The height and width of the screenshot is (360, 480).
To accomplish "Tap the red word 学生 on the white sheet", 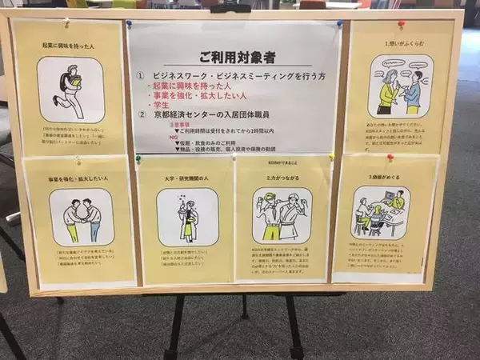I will coord(162,104).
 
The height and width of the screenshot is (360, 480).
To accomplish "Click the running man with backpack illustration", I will coord(70,89).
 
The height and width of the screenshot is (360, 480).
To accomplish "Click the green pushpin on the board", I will coord(138,158).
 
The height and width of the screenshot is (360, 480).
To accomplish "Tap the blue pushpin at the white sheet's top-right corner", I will coord(339,24).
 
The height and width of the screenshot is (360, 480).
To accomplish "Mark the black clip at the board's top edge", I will coord(230,8).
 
